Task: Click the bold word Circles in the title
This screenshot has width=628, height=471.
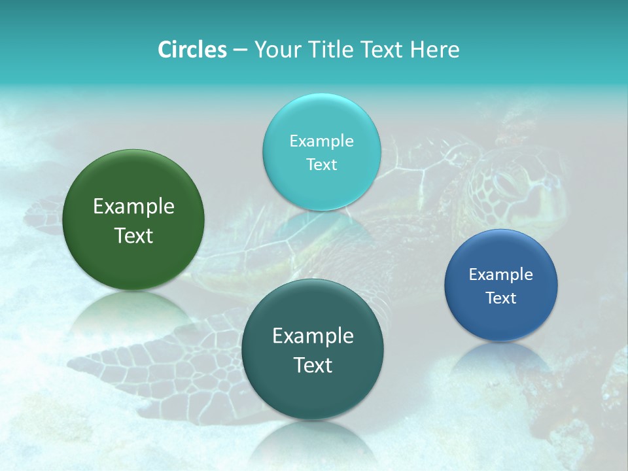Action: coord(192,50)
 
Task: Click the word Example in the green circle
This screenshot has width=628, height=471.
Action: coord(133,207)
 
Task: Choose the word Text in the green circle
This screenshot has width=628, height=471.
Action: coord(133,235)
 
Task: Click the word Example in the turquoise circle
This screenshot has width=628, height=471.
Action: coord(321,141)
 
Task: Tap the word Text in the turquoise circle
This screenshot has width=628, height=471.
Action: coord(321,164)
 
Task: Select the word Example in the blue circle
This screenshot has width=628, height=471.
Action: coord(500,274)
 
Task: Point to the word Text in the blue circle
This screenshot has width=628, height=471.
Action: coord(500,298)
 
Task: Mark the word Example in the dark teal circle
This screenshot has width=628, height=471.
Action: coord(313,336)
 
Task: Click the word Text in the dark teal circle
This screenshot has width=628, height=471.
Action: coord(313,365)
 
